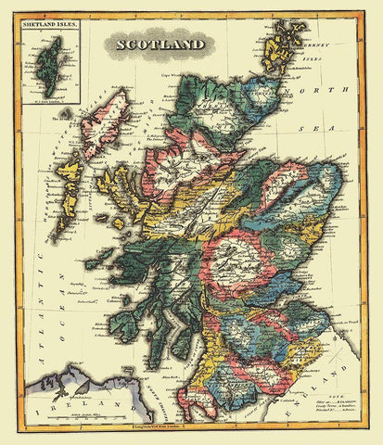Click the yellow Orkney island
[279, 46]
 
